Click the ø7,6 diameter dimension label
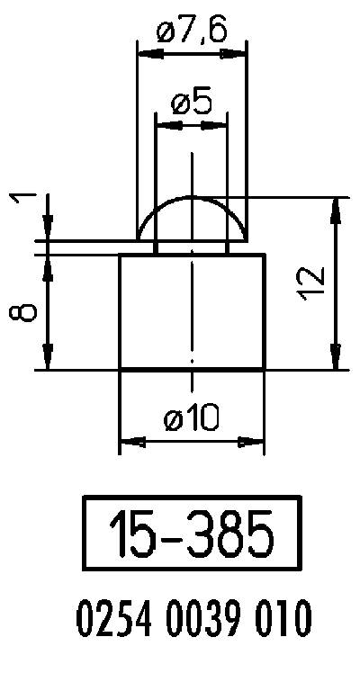191,33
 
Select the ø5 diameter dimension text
191,102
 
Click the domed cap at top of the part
192,218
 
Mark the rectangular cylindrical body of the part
192,311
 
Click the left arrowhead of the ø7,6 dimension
145,54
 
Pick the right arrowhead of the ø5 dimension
219,124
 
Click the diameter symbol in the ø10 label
174,419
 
